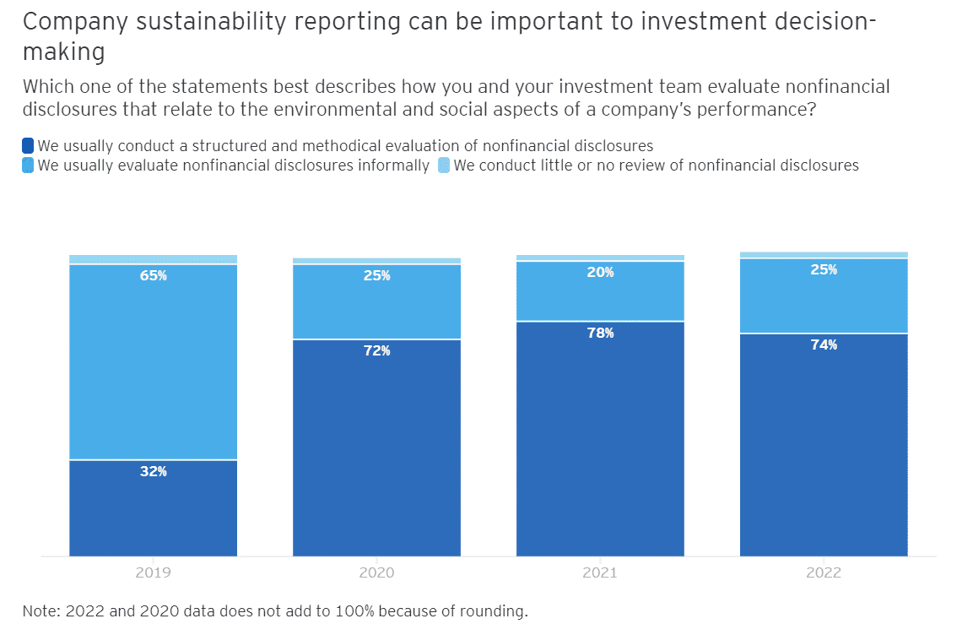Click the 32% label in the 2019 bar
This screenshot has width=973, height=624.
coord(153,471)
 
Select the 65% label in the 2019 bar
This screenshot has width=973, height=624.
coord(153,275)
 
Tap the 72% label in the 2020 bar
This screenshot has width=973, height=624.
coord(376,350)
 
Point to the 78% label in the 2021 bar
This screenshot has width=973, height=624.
coord(600,333)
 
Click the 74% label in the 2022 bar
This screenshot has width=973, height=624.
coord(824,345)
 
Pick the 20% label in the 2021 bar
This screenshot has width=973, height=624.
coord(600,272)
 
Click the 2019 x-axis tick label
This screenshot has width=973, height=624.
coord(153,572)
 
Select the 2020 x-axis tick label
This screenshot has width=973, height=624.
coord(376,572)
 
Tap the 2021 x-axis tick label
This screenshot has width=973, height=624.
coord(600,572)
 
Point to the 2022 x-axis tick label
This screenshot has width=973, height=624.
coord(824,572)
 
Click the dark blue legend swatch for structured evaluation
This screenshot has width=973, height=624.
coord(28,146)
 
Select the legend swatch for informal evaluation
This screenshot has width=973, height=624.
coord(28,165)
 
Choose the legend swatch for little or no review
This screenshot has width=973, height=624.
coord(444,165)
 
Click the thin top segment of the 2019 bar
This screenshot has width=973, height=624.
coord(153,259)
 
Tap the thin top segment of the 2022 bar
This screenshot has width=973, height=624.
coord(824,254)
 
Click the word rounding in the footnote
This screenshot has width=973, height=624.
coord(500,610)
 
